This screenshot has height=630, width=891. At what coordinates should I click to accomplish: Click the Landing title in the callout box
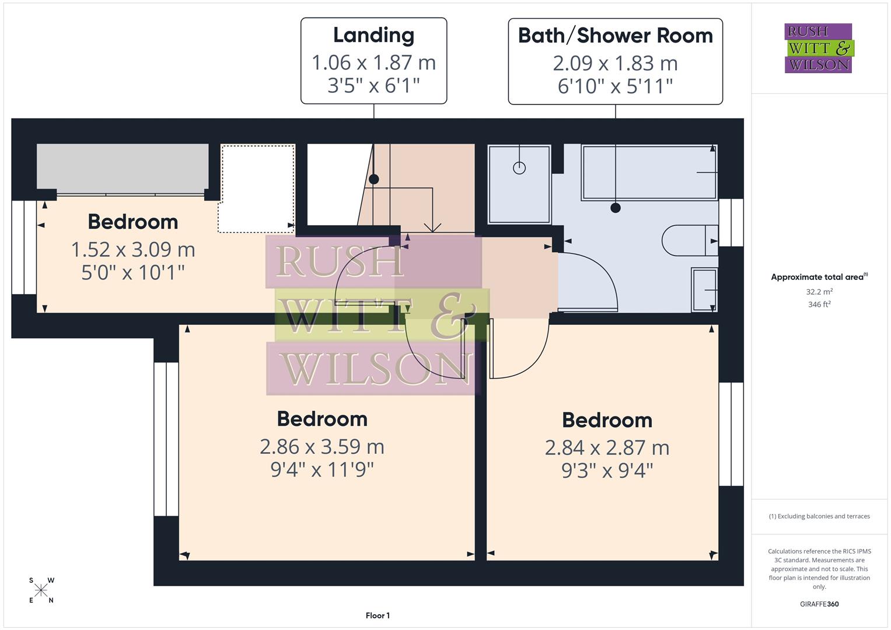(373, 35)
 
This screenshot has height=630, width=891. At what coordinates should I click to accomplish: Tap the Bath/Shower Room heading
(615, 36)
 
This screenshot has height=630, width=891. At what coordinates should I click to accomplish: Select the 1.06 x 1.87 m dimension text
(373, 62)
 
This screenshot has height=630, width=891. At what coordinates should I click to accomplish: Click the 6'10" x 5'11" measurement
(615, 86)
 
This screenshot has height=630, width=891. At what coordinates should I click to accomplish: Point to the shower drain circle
(519, 168)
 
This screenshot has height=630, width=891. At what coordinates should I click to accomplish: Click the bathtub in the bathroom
(649, 173)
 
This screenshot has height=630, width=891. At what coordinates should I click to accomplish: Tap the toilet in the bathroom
(689, 240)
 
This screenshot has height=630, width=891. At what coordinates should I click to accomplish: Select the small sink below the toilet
(704, 289)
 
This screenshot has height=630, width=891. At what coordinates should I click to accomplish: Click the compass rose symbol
(41, 590)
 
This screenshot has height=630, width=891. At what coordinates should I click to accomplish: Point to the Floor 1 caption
(378, 615)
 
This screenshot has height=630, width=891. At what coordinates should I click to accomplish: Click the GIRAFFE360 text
(819, 604)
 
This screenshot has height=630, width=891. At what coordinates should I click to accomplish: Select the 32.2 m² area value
(819, 292)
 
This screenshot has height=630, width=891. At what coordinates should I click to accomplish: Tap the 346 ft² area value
(819, 304)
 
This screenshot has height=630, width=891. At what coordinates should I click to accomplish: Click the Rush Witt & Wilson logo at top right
(818, 48)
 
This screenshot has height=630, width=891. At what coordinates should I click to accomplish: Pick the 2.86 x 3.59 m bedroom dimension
(322, 447)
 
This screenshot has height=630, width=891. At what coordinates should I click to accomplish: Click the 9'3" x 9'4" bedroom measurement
(607, 470)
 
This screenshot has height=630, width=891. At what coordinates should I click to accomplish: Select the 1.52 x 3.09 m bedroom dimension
(133, 250)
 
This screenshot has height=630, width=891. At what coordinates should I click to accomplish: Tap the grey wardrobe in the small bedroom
(123, 166)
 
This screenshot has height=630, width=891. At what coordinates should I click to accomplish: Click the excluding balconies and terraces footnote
(819, 516)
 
